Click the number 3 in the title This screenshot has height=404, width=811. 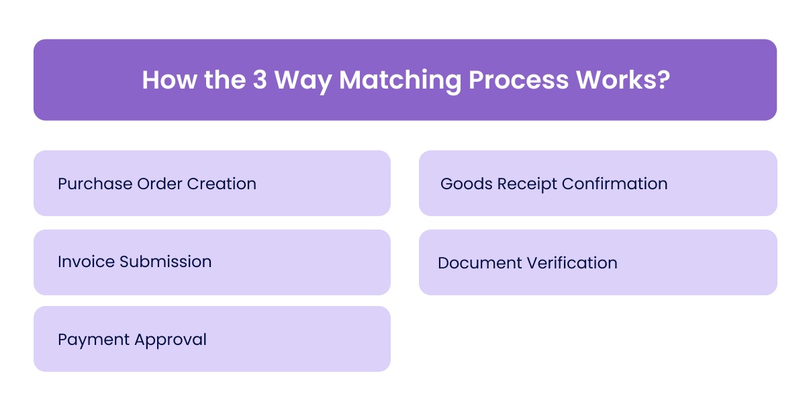260,81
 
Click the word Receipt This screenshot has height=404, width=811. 526,184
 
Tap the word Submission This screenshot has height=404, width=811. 165,262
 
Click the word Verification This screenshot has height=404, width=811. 572,262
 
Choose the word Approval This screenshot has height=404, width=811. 171,340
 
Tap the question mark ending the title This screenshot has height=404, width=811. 663,81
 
